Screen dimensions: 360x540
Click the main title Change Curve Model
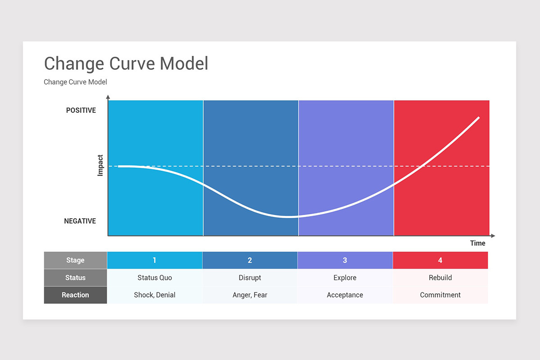coord(126,63)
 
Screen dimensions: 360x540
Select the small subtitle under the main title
coord(75,82)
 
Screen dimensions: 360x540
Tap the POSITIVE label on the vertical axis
coord(81,110)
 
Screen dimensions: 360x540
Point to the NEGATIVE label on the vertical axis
coord(80,221)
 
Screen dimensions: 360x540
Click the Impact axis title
coord(100,165)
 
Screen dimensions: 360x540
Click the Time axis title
coord(477,243)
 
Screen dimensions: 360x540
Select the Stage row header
coord(75,260)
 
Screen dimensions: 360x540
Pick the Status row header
coord(75,278)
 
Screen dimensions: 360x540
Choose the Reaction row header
coord(75,295)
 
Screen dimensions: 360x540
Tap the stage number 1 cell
coord(154,260)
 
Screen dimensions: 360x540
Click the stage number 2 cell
coord(250,260)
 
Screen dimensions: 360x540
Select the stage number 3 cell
coord(345,260)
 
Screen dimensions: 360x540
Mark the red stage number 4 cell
coord(440,260)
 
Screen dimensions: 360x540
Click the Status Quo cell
coord(154,278)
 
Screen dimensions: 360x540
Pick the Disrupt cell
coord(250,278)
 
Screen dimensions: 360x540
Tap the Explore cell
coord(345,278)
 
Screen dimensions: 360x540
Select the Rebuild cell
coord(440,278)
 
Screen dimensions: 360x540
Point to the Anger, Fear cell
coord(250,295)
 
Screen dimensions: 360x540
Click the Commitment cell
coord(440,295)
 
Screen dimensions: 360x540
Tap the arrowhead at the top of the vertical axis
coord(108,97)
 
